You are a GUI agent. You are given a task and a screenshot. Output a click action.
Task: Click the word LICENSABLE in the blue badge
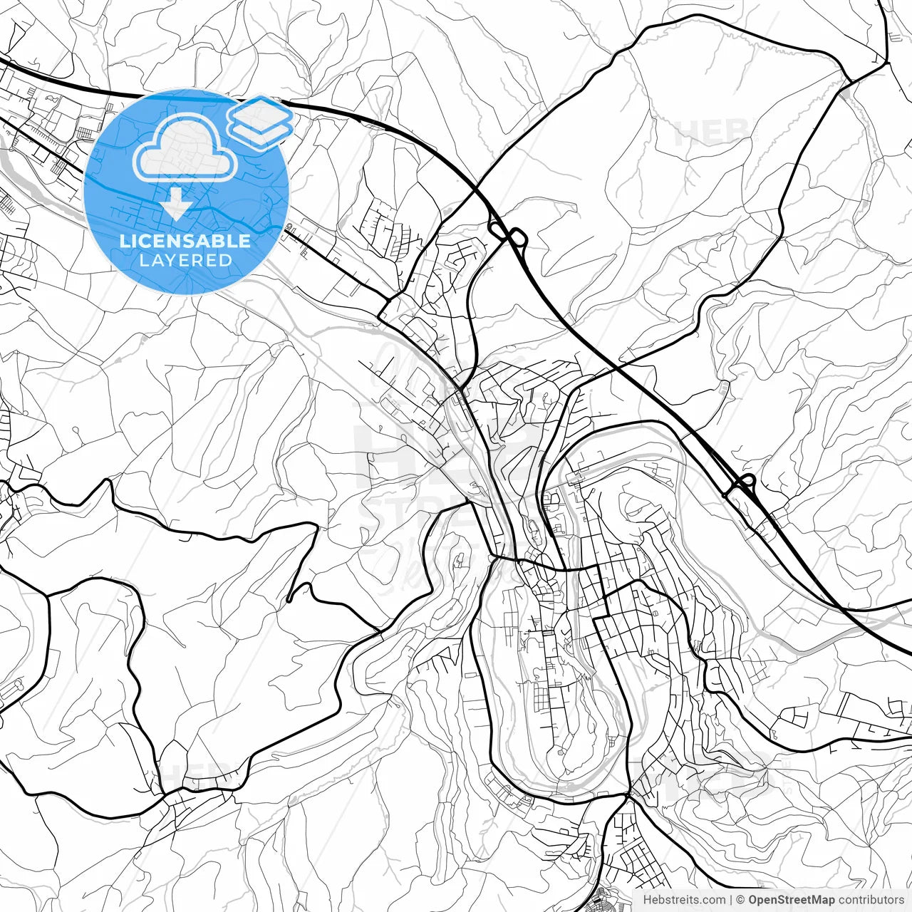pos(185,241)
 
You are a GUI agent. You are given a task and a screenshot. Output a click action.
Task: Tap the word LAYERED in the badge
pos(185,260)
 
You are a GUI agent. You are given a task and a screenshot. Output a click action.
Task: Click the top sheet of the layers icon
pos(260,110)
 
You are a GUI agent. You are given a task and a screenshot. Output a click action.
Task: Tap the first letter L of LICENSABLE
pos(124,241)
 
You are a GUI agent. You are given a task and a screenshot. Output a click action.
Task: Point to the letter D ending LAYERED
pos(226,260)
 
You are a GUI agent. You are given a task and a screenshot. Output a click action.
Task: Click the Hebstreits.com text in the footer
pos(684,900)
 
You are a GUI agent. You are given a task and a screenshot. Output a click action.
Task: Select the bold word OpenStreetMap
pos(792,900)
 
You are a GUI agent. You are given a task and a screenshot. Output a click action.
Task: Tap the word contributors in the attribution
pos(871,900)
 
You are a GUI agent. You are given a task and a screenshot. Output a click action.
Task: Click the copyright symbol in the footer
pos(741,900)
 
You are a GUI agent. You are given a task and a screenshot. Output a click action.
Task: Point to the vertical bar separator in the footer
pos(732,900)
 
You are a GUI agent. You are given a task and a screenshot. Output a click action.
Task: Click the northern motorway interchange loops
pos(508,233)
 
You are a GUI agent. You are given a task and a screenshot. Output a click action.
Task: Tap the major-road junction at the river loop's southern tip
pos(629,793)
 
